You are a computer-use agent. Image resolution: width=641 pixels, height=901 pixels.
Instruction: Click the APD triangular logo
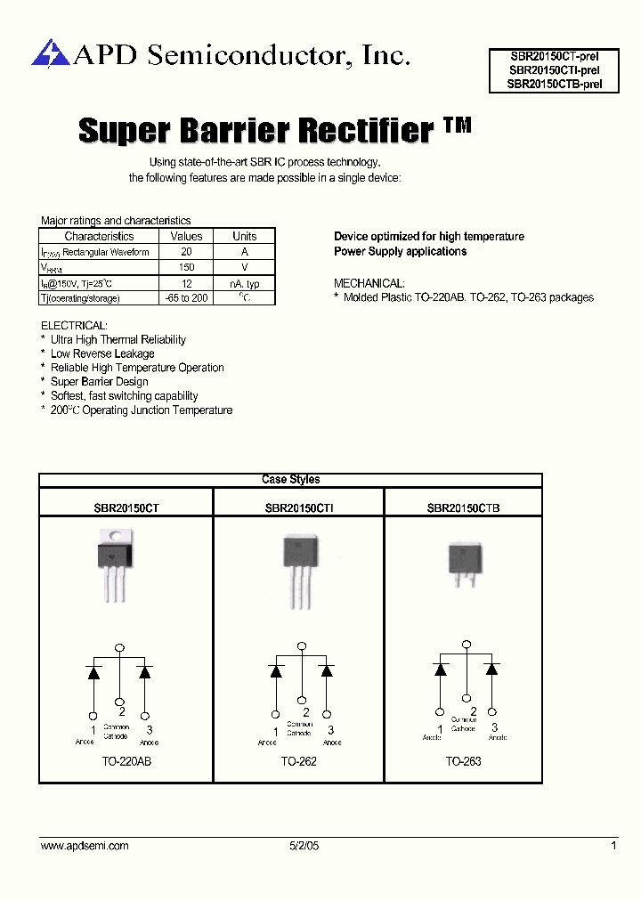coord(50,53)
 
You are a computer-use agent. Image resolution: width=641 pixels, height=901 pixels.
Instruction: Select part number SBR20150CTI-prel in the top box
coord(554,69)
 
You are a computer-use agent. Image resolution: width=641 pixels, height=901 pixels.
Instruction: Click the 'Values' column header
coord(186,236)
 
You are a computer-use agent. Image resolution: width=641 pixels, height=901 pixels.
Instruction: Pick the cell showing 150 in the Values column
coord(186,267)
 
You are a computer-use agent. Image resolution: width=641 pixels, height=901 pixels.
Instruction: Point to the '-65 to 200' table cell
coord(186,297)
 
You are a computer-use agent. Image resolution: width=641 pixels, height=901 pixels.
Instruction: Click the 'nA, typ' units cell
coord(244,283)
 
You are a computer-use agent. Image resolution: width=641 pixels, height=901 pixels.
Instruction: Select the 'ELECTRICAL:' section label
coord(74,325)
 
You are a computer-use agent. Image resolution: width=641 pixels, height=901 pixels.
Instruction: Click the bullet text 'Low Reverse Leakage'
coord(102,353)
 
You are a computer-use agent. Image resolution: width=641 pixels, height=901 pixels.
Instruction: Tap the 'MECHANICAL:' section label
coord(369,283)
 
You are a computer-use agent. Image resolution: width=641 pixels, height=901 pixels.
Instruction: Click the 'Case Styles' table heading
coord(291,480)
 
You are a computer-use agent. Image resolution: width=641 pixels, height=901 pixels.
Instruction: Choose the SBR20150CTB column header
coord(463,507)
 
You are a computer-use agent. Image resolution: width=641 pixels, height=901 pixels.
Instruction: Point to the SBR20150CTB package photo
coord(464,562)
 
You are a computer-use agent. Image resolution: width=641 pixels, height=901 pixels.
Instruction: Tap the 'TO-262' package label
coord(298,761)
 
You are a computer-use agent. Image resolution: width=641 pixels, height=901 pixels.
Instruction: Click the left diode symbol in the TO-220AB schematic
coord(93,673)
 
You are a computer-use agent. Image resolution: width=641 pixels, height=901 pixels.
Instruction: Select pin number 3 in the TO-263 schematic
coord(494,727)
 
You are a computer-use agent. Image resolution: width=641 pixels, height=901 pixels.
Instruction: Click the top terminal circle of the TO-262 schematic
coord(302,646)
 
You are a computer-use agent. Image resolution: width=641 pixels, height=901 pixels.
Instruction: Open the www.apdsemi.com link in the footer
coord(85,846)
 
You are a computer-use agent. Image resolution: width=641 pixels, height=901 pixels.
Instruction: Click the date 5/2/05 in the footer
coord(303,846)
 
